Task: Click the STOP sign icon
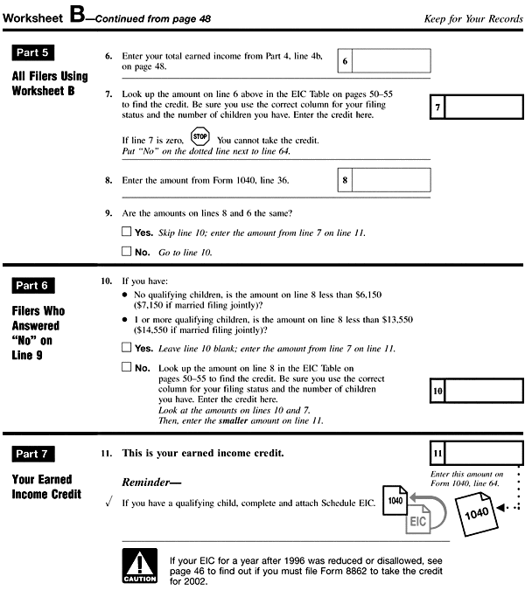coord(201,138)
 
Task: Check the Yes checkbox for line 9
coord(126,233)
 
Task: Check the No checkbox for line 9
coord(126,253)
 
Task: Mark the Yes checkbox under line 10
coord(126,348)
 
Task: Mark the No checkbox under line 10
coord(126,367)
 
